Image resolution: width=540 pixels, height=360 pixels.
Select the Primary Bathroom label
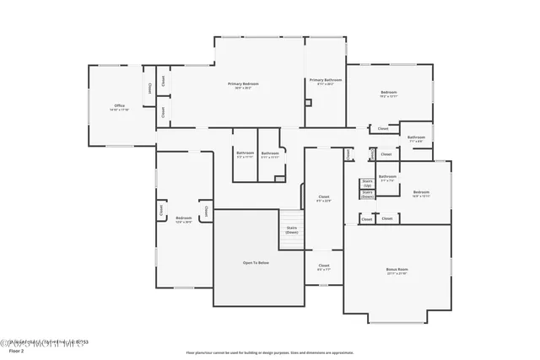(325, 80)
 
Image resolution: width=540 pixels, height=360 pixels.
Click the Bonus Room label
(397, 270)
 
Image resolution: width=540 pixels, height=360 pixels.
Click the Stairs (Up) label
(367, 183)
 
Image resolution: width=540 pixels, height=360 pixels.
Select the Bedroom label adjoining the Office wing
(179, 218)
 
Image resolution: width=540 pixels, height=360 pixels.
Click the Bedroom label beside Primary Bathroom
(388, 92)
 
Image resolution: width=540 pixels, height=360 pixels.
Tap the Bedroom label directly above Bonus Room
(421, 192)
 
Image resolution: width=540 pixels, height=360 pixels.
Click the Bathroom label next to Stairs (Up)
(387, 176)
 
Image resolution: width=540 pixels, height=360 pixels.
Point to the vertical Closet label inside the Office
(150, 88)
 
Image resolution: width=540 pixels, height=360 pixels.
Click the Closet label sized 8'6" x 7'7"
(324, 267)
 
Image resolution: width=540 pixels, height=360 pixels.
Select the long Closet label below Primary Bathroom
(324, 196)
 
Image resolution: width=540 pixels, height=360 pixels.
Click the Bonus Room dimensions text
(397, 274)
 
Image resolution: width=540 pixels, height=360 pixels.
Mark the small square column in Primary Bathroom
(308, 103)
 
